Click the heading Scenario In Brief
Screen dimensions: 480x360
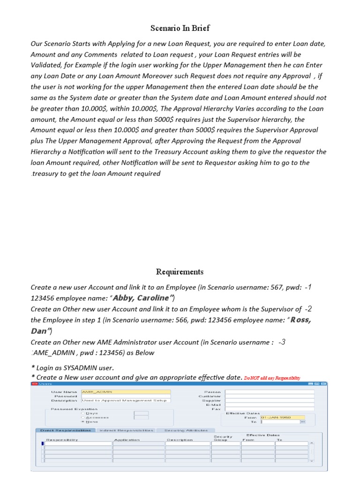180,28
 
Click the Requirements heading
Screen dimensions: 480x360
180,272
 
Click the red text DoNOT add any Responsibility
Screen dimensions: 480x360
272,378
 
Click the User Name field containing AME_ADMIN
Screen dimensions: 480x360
126,391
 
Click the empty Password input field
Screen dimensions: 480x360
126,396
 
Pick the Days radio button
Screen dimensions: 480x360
83,413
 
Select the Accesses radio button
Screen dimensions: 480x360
83,417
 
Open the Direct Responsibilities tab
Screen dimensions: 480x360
66,430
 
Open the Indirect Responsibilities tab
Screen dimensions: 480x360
126,430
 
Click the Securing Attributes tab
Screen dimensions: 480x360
186,430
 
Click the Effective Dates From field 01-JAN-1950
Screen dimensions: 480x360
282,417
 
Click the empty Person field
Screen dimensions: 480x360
270,391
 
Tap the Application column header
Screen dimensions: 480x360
127,440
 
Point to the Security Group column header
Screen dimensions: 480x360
223,438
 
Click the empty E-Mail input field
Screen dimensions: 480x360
270,405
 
